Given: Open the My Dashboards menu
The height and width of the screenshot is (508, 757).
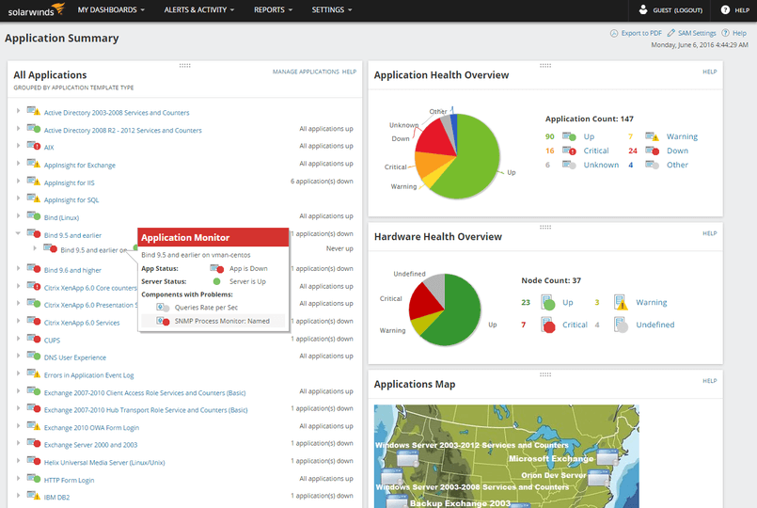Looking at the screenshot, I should (111, 9).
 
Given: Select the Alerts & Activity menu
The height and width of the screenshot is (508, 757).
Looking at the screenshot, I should (199, 9).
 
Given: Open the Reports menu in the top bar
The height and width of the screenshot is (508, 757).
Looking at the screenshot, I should (273, 9).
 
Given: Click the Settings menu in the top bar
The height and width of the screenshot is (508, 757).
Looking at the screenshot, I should (331, 9).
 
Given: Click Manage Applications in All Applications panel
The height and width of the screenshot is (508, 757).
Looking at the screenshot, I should (306, 71).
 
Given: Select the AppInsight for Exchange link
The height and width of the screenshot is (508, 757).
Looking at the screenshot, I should (79, 165).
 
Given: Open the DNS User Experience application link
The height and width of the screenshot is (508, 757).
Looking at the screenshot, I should (74, 357).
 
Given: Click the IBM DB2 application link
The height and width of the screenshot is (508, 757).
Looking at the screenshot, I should (57, 497).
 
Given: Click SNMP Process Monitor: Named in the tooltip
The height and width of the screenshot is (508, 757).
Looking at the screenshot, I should (222, 321).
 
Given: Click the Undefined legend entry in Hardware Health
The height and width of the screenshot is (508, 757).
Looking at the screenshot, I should (654, 325).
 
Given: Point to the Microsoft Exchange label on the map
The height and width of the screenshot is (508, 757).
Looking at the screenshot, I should (550, 459).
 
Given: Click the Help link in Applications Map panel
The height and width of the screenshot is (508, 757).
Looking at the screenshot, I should (709, 381).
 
